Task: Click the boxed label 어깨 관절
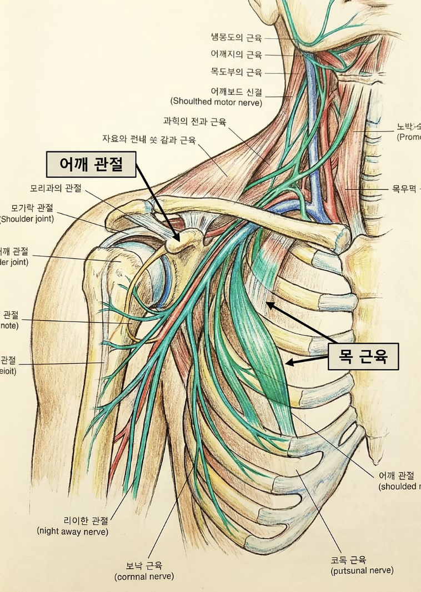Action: (91, 164)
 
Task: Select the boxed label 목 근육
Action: (363, 357)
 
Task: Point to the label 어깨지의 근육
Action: (236, 54)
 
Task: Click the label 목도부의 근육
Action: (236, 72)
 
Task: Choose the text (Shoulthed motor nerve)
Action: (216, 102)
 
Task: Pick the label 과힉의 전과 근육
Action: (195, 121)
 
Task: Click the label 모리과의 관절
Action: (56, 188)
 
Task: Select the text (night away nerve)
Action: (73, 531)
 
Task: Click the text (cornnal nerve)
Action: (144, 576)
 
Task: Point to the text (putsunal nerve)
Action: (362, 570)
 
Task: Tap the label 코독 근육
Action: (348, 560)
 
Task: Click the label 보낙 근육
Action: (144, 566)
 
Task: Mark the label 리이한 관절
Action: (86, 520)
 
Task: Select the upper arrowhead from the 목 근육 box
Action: (269, 303)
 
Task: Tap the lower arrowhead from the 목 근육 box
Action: (288, 363)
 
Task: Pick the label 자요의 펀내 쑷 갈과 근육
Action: (148, 139)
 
